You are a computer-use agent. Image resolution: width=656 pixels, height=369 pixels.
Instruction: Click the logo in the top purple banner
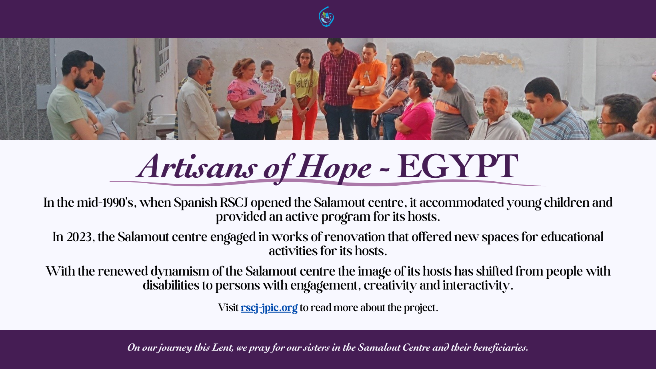point(326,17)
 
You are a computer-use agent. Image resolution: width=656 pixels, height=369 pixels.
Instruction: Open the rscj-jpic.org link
point(269,308)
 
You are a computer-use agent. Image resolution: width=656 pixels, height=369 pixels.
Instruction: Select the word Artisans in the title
point(196,166)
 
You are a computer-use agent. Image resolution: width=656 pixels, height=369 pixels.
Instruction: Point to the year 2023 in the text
point(79,237)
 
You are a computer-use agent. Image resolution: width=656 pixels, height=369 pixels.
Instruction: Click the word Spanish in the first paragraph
point(195,202)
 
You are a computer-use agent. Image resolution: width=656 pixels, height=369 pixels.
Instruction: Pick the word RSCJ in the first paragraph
point(234,202)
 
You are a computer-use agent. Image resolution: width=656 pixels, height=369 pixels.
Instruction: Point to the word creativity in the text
point(390,286)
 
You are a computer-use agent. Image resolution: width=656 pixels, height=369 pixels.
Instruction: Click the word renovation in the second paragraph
point(354,237)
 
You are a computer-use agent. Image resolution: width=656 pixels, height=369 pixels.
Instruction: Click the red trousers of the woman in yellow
point(304,120)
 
